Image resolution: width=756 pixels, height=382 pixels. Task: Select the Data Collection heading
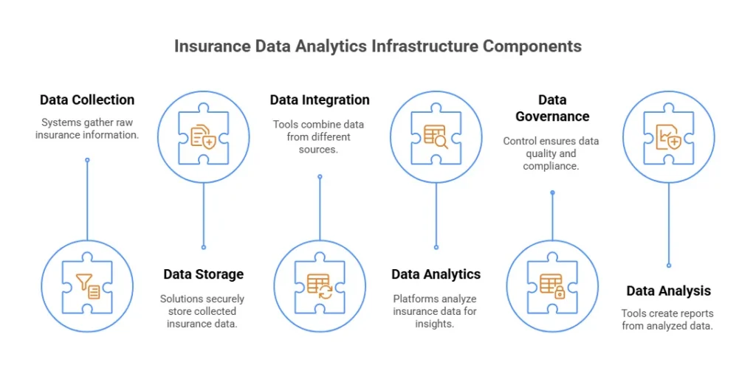coord(87,100)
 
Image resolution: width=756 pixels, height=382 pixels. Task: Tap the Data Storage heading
coord(203,274)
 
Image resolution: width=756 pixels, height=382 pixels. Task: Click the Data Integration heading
coord(320,100)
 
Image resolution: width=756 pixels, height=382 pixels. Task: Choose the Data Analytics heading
coord(436,274)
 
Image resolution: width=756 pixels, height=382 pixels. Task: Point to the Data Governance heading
coord(552,108)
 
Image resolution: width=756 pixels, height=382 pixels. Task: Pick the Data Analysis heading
coord(669,291)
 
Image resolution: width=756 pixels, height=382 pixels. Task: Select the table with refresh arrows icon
coord(320,285)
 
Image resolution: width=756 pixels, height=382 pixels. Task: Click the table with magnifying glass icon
coord(436,136)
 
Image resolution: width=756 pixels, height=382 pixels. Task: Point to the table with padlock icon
coord(552,285)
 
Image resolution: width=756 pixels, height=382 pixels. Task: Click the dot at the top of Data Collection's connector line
coord(87,159)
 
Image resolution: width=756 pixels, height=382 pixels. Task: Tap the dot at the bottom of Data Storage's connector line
coord(203,247)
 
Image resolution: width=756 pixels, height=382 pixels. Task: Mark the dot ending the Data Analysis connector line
coord(669,265)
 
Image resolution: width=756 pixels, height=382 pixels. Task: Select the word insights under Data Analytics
coord(434,324)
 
